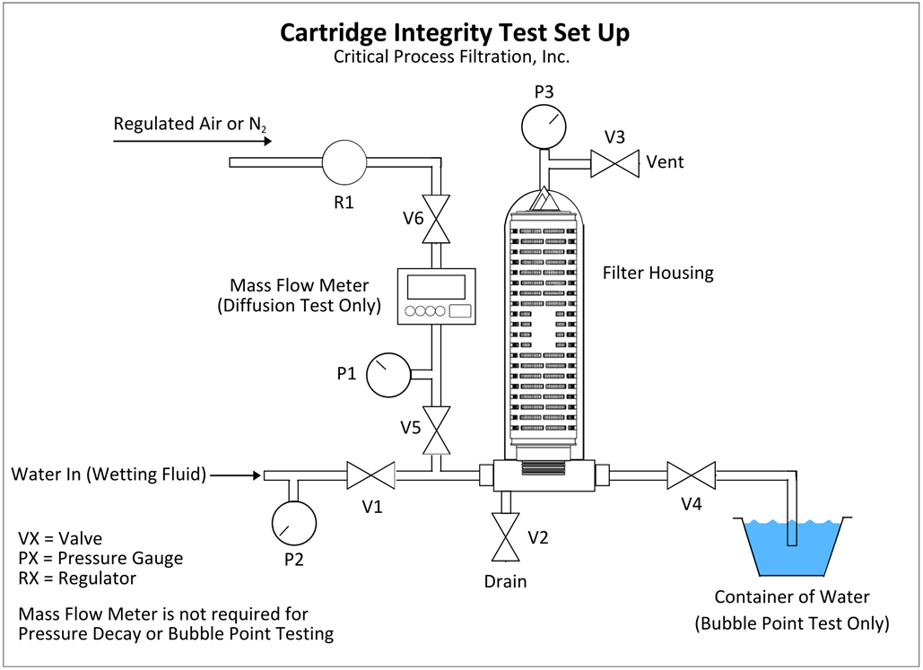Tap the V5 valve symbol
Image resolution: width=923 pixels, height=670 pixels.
pyautogui.click(x=437, y=431)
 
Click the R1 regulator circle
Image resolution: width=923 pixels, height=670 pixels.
pyautogui.click(x=344, y=162)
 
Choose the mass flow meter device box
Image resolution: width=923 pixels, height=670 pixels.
pyautogui.click(x=437, y=297)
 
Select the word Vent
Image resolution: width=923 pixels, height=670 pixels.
pyautogui.click(x=665, y=162)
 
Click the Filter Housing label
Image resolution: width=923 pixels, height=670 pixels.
pyautogui.click(x=657, y=273)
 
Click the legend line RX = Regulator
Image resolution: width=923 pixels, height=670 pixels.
pyautogui.click(x=77, y=579)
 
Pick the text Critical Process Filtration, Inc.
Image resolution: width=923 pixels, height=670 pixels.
pyautogui.click(x=453, y=57)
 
